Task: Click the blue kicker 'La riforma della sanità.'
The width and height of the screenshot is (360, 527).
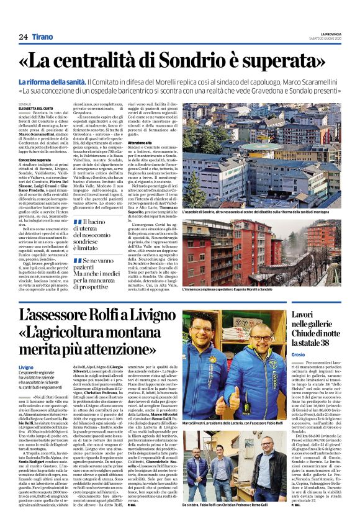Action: coord(68,82)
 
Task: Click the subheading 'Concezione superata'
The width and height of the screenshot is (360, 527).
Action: coord(35,160)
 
